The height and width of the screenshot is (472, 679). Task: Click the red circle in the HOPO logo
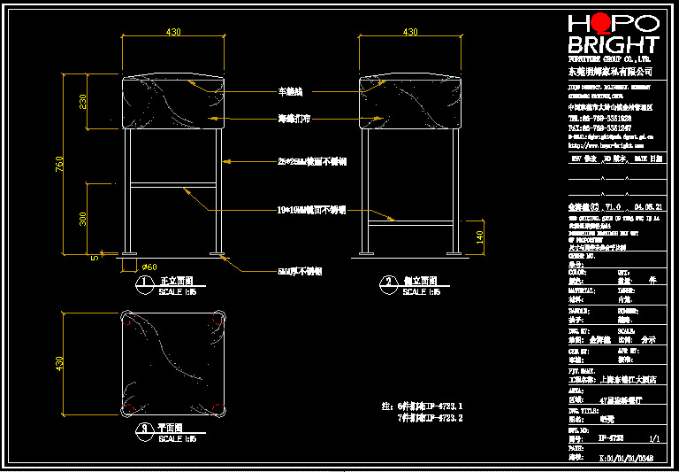(600, 23)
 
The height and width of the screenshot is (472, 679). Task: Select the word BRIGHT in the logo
(613, 46)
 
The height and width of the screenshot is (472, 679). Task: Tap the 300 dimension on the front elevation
(84, 218)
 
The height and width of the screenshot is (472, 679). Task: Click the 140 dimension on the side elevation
(480, 236)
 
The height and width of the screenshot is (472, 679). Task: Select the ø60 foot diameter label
(149, 266)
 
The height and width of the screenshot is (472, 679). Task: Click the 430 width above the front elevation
(173, 32)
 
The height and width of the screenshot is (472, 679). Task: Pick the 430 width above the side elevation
(410, 32)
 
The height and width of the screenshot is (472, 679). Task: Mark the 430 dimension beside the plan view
(60, 363)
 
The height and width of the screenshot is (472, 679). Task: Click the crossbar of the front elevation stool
(173, 186)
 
